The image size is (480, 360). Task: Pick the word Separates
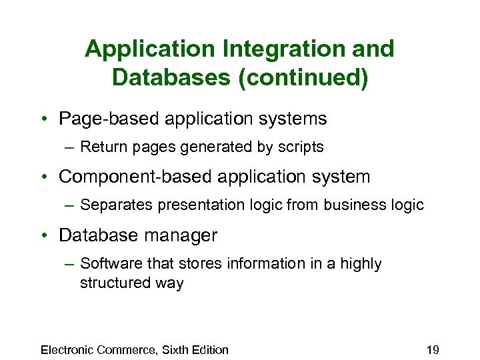pos(116,205)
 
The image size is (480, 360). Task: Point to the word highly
pos(361,263)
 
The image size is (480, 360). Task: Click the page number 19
pos(431,349)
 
